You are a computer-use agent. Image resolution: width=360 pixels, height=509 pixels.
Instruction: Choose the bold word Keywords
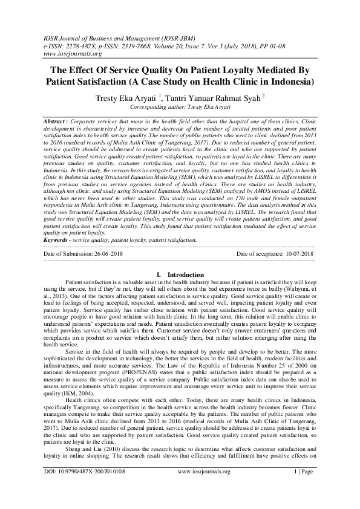[59, 240]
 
